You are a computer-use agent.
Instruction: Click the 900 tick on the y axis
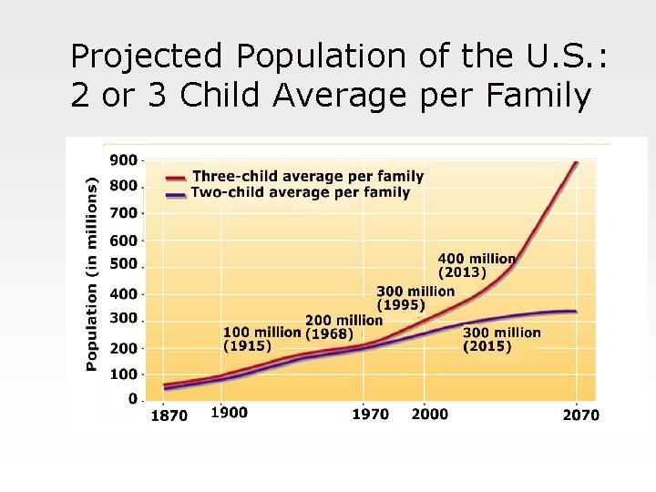coord(124,159)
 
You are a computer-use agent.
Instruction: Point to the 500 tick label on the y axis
coord(124,264)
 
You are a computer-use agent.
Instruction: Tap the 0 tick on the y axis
coord(133,399)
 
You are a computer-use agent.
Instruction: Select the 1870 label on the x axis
coord(168,415)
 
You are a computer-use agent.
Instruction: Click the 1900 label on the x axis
coord(229,413)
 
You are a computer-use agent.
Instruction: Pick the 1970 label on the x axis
coord(370,415)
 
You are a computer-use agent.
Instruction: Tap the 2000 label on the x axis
coord(429,414)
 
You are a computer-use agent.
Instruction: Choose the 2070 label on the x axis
coord(580,415)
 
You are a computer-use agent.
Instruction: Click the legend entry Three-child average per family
coord(308,177)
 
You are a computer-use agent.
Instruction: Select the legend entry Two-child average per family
coord(301,192)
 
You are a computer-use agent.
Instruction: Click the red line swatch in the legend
coord(177,178)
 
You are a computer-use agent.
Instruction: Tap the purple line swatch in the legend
coord(177,194)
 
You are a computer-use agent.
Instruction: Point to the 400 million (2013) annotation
coord(477,265)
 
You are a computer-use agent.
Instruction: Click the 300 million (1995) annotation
coord(415,298)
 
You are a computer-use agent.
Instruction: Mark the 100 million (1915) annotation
coord(261,338)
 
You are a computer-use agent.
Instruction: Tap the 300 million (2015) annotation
coord(501,340)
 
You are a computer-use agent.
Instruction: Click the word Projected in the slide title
coord(146,56)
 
